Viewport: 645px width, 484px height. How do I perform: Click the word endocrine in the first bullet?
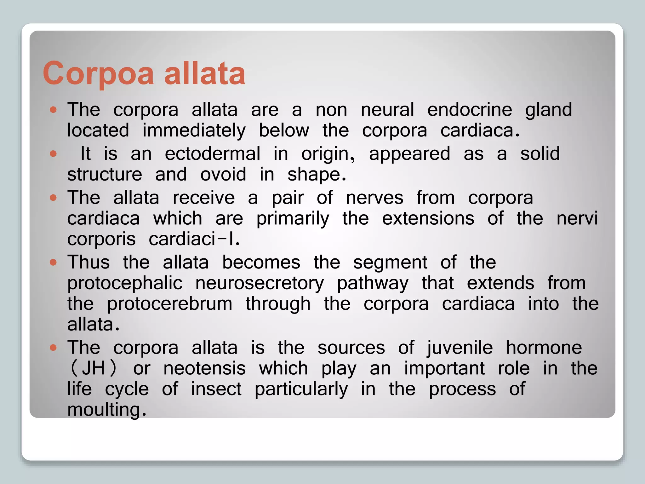click(470, 110)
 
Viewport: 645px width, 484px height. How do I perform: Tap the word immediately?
click(194, 131)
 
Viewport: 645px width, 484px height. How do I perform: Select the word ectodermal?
click(213, 154)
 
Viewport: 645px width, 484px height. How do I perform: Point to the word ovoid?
click(223, 174)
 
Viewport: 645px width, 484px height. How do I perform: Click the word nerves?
click(374, 198)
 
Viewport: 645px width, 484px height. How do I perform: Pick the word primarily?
click(293, 219)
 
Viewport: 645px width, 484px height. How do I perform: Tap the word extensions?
click(428, 218)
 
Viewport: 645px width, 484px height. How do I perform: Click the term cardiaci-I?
click(194, 239)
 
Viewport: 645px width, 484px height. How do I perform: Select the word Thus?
click(88, 262)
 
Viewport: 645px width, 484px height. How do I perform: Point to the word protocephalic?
click(125, 283)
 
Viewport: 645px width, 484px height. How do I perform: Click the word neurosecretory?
click(260, 283)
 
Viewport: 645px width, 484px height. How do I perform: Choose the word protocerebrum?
click(169, 304)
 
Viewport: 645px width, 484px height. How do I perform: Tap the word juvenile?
click(459, 348)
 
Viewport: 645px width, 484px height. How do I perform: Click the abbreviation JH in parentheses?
click(93, 368)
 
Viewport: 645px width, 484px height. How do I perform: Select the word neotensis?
click(204, 368)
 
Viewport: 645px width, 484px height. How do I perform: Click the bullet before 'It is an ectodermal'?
click(53, 154)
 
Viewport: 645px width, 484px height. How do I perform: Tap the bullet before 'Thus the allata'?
click(53, 262)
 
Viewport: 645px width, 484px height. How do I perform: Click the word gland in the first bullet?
click(548, 110)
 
